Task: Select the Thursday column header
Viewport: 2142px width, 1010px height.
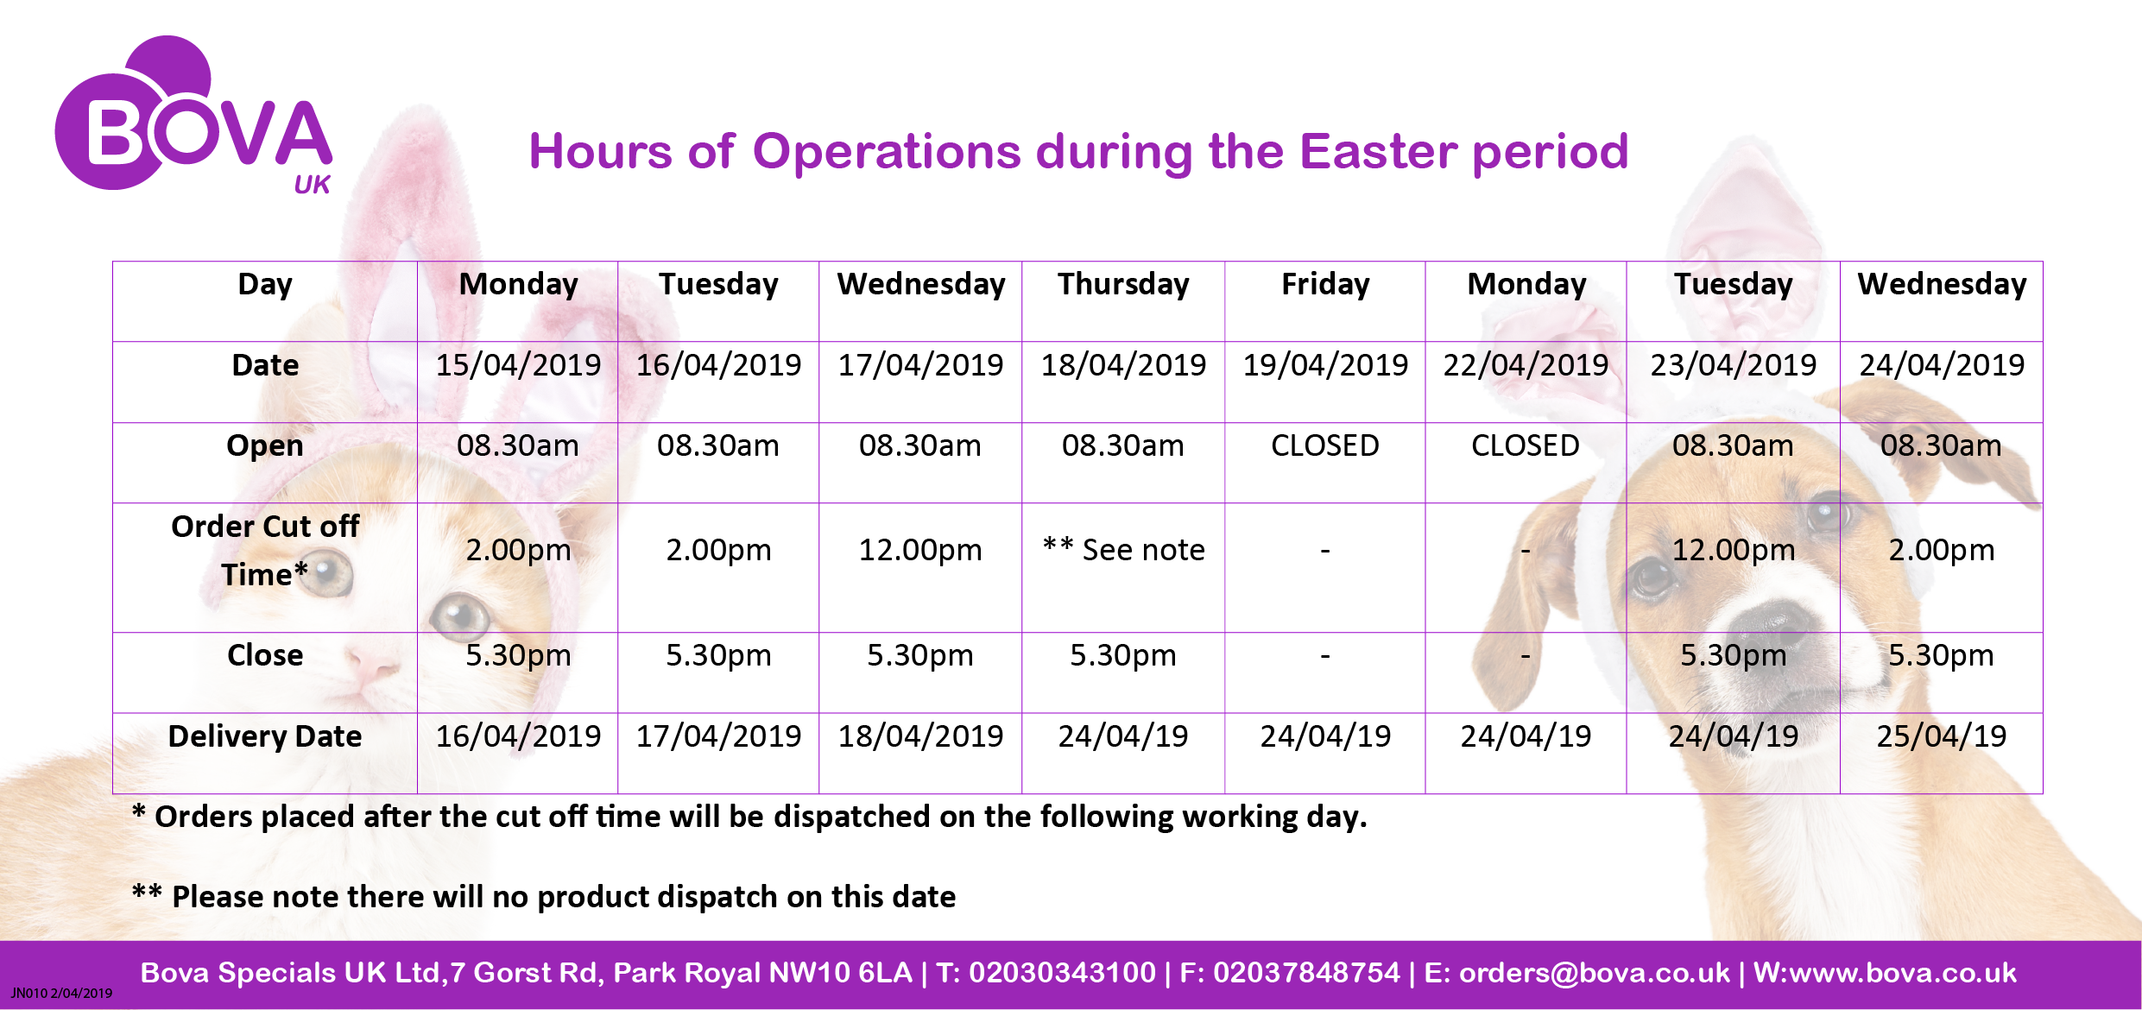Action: [x=1123, y=285]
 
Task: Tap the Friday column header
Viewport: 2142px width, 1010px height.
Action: [x=1325, y=285]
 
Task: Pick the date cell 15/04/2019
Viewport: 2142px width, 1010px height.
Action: [x=518, y=365]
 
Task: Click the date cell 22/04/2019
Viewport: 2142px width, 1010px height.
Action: [x=1526, y=365]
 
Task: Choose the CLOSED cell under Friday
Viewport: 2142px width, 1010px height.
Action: [x=1325, y=445]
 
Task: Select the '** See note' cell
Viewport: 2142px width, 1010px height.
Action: [x=1123, y=550]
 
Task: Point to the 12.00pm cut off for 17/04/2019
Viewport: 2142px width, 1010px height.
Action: [x=920, y=550]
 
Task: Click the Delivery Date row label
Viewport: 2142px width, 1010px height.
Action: [x=265, y=736]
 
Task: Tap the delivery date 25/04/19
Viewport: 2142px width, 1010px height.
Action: [x=1941, y=736]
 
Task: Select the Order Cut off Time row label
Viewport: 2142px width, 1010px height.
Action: [x=265, y=550]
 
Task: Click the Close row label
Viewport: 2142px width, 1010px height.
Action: [x=265, y=655]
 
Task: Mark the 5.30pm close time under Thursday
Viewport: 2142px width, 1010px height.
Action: [x=1123, y=655]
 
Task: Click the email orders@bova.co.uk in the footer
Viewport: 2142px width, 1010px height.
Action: [x=1595, y=973]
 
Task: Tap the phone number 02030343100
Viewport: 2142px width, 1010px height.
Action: [x=1062, y=973]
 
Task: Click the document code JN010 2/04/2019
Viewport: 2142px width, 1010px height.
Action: [x=61, y=993]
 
